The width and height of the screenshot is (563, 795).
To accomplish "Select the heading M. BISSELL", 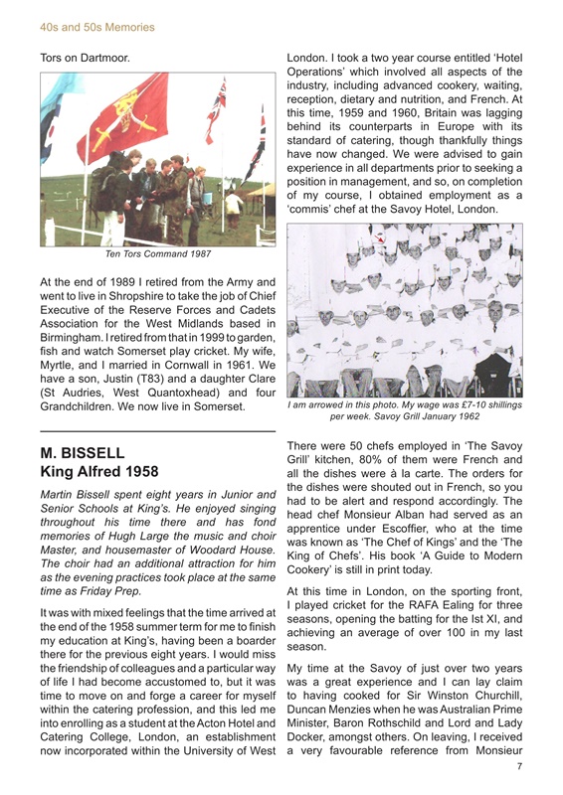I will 84,453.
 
